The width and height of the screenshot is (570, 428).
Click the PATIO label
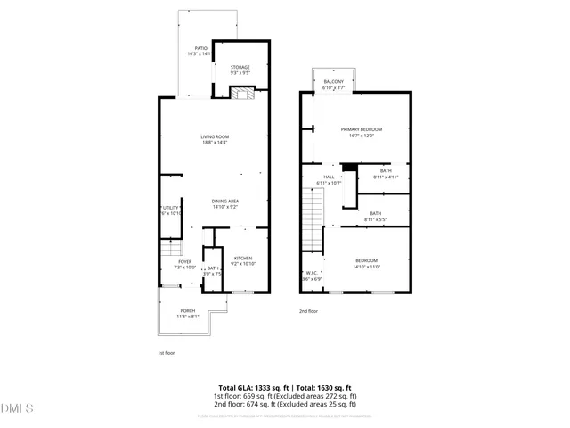pos(200,51)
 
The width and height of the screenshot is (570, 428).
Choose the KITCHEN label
pos(243,261)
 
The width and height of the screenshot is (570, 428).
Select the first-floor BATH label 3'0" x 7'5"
pos(213,270)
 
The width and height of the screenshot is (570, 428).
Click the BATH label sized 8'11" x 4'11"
pos(385,173)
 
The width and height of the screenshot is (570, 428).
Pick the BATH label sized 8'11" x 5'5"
pos(376,216)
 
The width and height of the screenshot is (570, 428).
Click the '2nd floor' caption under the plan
pos(308,311)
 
